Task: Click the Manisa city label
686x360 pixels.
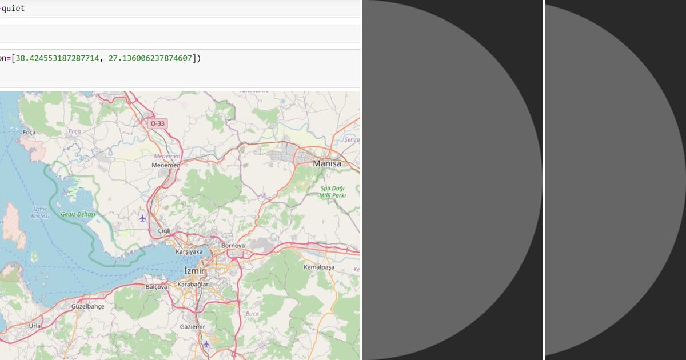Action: [327, 163]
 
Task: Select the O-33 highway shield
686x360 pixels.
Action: [157, 123]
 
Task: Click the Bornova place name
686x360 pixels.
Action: [233, 246]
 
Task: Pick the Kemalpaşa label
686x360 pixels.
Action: [318, 267]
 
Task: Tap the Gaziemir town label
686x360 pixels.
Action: [192, 326]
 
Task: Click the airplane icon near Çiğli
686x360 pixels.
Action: [142, 218]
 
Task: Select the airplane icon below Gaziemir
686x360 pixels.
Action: [206, 344]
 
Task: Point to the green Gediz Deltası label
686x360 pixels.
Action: [78, 214]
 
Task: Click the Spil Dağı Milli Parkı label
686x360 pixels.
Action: [332, 191]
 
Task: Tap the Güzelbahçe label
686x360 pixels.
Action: [88, 306]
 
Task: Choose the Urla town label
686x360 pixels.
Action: [35, 325]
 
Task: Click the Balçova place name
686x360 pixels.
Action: [157, 286]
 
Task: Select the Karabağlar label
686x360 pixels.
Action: [193, 284]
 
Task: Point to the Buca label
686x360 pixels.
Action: [252, 313]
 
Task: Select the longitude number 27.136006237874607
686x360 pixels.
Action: [150, 58]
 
